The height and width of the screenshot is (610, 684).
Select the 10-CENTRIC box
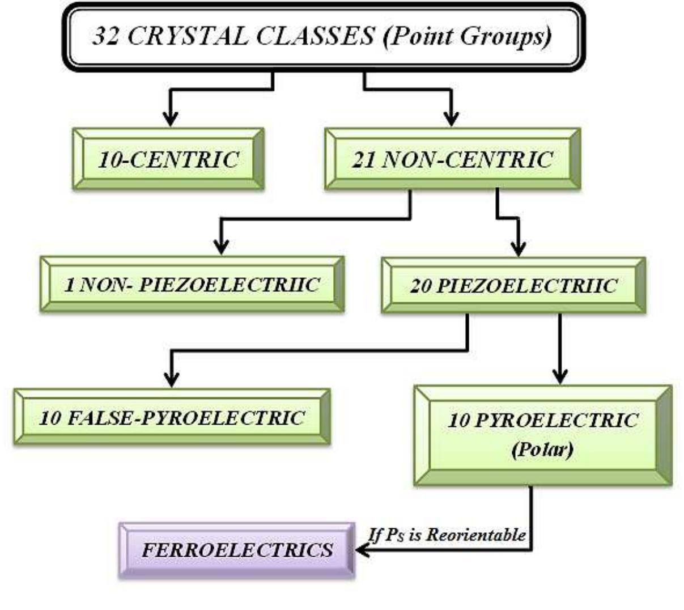[x=168, y=159]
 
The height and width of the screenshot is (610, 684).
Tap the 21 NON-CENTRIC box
[x=452, y=159]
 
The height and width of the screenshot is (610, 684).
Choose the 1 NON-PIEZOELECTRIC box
[x=192, y=284]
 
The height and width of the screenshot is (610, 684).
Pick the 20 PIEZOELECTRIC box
[x=513, y=285]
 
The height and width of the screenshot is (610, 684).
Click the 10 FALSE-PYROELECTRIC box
[x=172, y=418]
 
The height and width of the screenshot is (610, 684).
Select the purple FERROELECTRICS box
[x=237, y=550]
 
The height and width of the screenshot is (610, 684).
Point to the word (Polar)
[x=542, y=450]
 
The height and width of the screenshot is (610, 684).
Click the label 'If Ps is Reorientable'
[x=447, y=535]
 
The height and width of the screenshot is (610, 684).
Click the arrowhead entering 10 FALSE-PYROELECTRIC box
[x=171, y=379]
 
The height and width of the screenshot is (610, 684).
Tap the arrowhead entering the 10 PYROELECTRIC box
[x=560, y=376]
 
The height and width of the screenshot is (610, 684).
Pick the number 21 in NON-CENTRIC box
[x=364, y=160]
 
